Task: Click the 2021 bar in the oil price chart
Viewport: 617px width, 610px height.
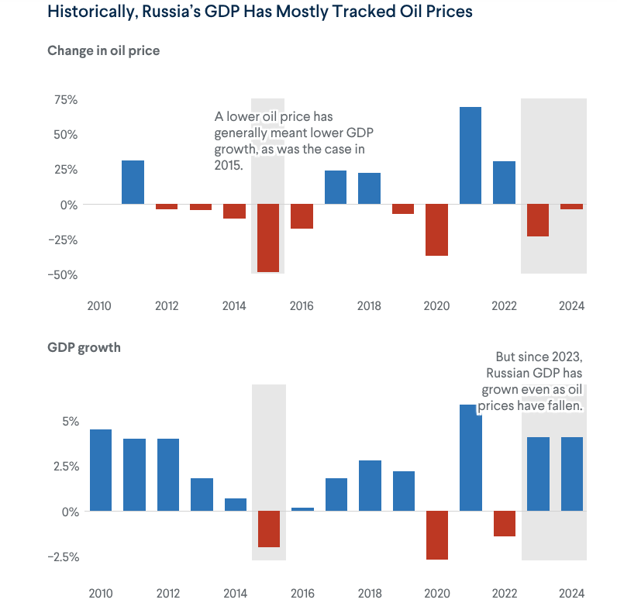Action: tap(470, 155)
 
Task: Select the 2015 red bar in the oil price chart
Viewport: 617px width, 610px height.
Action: tap(267, 238)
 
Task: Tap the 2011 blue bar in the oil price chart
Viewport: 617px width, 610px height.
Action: tap(133, 182)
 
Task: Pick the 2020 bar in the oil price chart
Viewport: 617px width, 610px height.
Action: tap(436, 229)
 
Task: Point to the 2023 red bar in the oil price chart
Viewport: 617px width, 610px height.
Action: tap(538, 220)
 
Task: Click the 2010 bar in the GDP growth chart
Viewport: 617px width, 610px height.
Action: tap(100, 470)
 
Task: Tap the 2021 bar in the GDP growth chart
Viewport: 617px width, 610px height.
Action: tap(471, 457)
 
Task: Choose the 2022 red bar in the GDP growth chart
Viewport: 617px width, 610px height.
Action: tap(505, 524)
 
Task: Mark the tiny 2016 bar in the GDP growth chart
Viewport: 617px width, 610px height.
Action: tap(302, 509)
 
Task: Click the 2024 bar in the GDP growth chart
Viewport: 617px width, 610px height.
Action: tap(572, 474)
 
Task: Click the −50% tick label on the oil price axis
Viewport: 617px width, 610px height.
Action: tap(64, 275)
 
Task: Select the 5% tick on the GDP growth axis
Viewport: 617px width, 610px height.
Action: tap(71, 422)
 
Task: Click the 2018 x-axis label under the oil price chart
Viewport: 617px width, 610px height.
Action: tap(369, 306)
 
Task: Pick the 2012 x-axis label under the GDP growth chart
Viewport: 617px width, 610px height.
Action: tap(167, 594)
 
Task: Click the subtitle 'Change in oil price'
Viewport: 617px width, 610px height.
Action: tap(103, 51)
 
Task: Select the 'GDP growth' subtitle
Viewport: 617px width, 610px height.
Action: tap(84, 348)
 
